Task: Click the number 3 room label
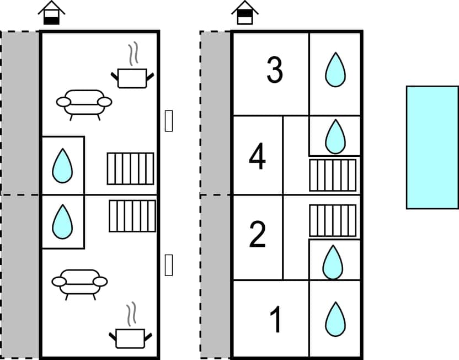275,71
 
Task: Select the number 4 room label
257,157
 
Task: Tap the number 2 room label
257,235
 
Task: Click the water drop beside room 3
335,70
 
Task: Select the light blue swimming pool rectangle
432,147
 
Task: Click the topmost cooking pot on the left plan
132,78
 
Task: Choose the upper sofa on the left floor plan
84,102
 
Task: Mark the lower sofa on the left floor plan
80,282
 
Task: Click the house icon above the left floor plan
52,13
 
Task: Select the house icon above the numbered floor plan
245,13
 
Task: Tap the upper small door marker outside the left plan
169,121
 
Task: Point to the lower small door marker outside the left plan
169,264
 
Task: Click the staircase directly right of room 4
333,175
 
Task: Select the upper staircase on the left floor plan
130,168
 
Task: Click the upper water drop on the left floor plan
62,166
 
